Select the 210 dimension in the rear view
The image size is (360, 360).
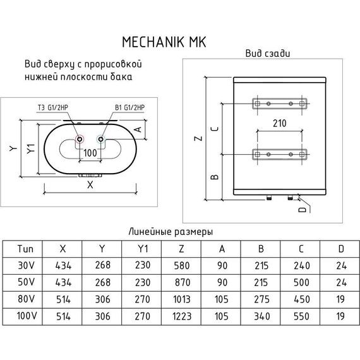[x=280, y=124]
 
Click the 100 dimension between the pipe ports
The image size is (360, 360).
[x=90, y=153]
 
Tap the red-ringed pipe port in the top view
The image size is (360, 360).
[x=79, y=140]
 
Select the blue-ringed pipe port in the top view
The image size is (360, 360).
[x=101, y=140]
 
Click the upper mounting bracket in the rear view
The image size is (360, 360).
[x=279, y=103]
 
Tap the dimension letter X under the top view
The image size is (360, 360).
[x=90, y=184]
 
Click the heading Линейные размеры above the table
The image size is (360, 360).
[x=171, y=231]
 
